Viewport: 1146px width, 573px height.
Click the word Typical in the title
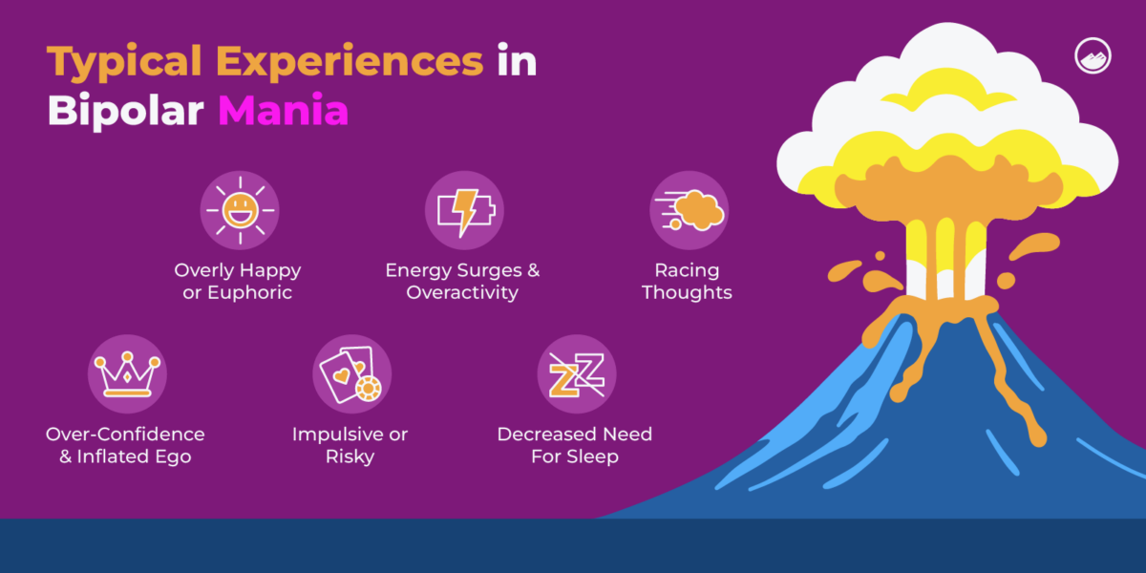[x=124, y=63]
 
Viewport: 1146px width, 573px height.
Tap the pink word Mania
[x=283, y=112]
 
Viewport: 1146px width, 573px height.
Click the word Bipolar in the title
[x=125, y=112]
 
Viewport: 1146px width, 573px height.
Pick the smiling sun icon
[x=239, y=211]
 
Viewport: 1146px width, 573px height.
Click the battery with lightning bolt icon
[x=463, y=211]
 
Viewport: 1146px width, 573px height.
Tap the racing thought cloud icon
[x=689, y=211]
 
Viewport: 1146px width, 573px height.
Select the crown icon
[x=126, y=373]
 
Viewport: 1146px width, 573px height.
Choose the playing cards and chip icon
[x=350, y=373]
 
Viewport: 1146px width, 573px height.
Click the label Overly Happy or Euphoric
[x=238, y=282]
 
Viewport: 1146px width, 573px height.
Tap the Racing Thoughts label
[x=687, y=282]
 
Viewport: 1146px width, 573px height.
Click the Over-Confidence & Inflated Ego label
[x=125, y=445]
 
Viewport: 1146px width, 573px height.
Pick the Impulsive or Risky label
[x=350, y=445]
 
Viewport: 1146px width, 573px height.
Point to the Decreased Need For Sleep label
[x=574, y=445]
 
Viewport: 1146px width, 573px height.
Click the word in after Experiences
[x=517, y=63]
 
